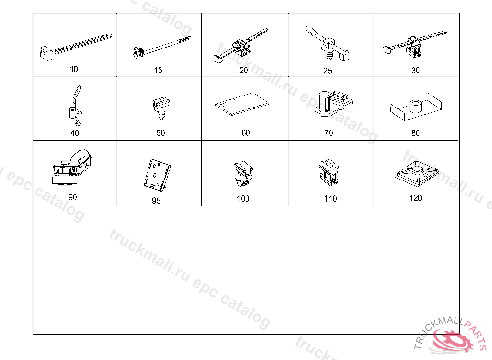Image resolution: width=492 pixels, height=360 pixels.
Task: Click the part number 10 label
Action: [74, 69]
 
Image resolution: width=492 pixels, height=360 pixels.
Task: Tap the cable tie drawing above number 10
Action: [76, 47]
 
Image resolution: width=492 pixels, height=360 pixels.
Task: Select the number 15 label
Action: [158, 70]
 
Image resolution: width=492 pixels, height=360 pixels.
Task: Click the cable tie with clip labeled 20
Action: [240, 46]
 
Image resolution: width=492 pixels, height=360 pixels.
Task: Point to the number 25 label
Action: [327, 71]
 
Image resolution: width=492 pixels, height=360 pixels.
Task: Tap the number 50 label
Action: [160, 132]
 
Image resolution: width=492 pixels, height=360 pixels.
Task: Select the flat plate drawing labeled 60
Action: [242, 104]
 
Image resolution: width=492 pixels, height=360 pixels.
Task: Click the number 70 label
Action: [329, 132]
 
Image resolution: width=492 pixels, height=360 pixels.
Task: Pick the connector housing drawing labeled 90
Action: [72, 167]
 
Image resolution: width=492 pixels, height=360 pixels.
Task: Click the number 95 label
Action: [156, 200]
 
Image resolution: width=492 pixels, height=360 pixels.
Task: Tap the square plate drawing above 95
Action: [157, 175]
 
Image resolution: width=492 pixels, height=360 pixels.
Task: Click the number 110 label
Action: [331, 199]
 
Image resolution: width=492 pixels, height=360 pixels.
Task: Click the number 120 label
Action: [416, 198]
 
